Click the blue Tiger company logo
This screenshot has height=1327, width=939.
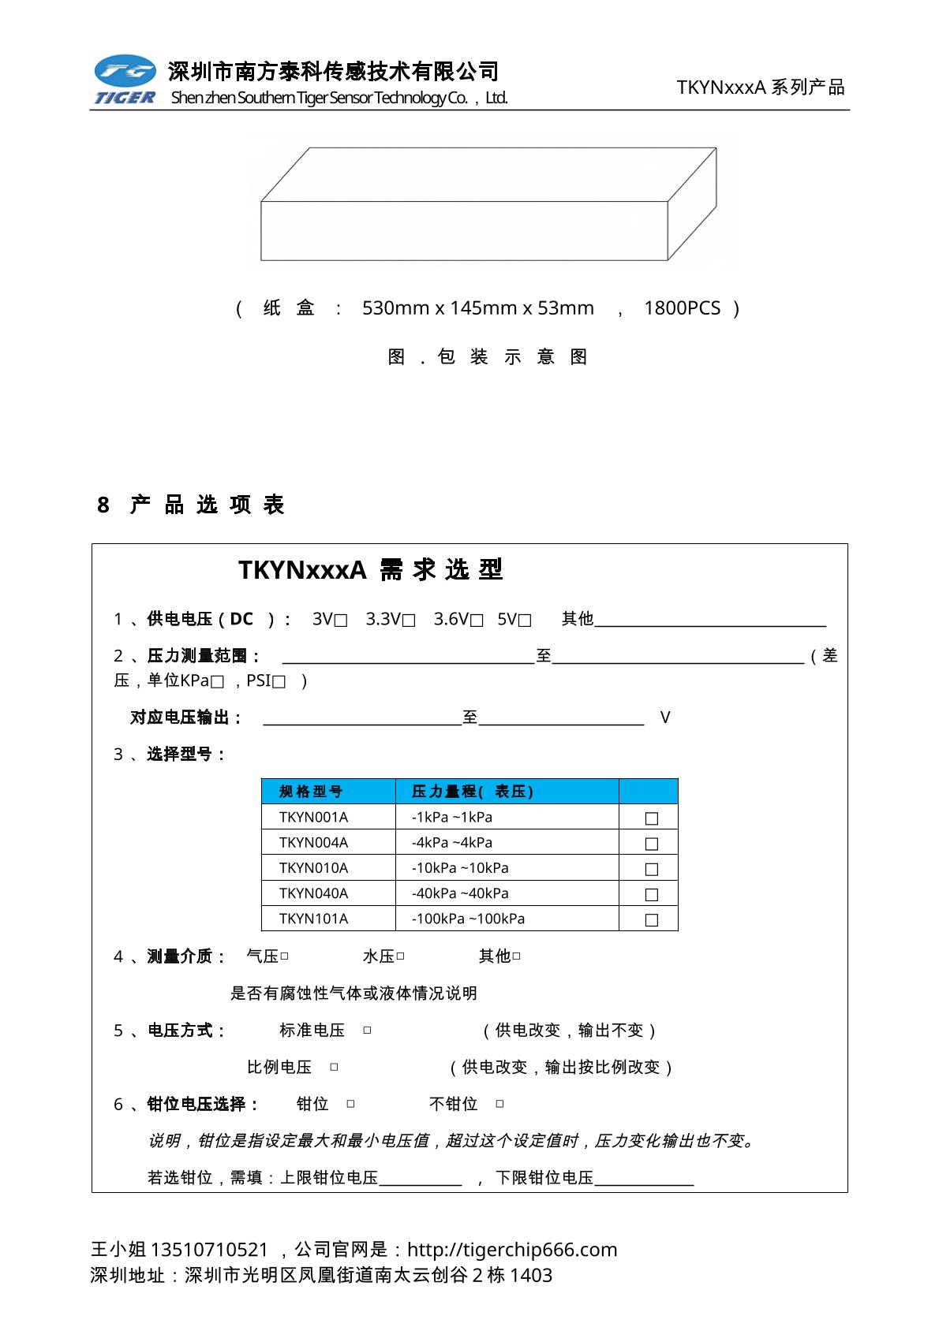[125, 79]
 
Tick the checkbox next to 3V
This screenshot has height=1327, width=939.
[341, 621]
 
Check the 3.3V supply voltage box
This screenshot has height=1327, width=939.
[409, 621]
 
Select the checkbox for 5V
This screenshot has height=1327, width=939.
[525, 621]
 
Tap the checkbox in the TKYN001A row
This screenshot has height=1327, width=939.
[652, 818]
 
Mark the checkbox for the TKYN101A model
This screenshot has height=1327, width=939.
[652, 919]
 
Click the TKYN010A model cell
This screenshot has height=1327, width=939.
[313, 868]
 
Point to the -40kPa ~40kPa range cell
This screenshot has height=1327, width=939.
[460, 893]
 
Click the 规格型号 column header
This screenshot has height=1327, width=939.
[311, 792]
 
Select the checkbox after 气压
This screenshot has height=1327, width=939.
[285, 956]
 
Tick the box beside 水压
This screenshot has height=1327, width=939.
[401, 956]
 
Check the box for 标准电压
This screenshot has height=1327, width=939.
[367, 1031]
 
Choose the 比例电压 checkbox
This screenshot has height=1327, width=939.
[334, 1068]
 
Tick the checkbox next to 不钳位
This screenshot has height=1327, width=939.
[499, 1105]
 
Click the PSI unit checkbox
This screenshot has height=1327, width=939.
[279, 682]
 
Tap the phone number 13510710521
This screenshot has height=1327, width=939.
[209, 1250]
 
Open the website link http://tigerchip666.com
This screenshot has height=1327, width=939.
[512, 1250]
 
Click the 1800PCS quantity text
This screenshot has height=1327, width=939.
[682, 308]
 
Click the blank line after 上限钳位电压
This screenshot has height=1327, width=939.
[420, 1179]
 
